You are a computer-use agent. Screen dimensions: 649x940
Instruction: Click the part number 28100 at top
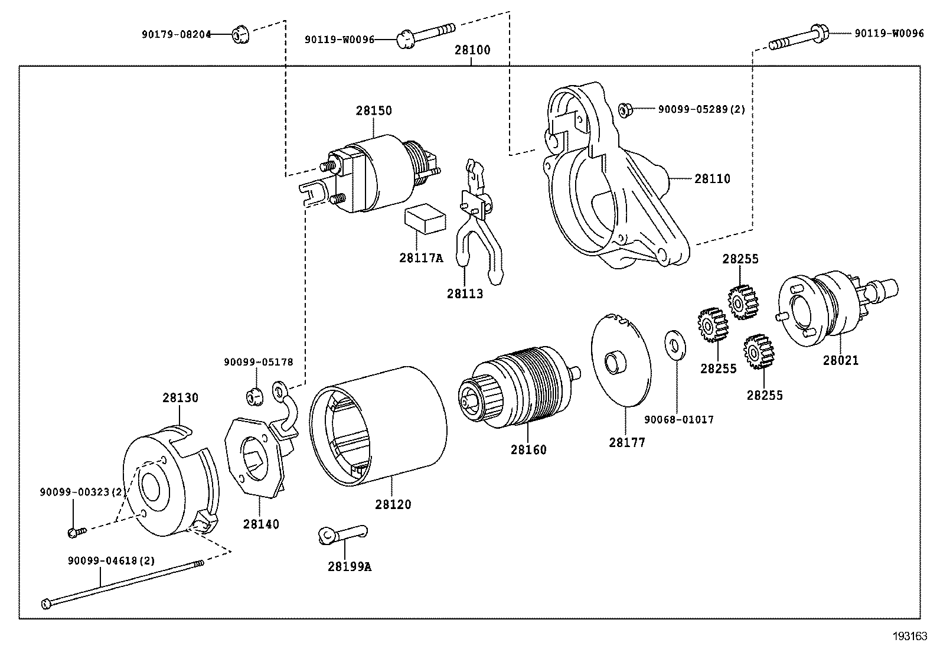point(472,50)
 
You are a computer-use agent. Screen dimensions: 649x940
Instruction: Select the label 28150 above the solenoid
point(373,110)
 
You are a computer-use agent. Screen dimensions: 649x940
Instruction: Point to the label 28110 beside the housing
point(712,178)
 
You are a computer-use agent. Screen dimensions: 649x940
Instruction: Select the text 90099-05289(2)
point(701,109)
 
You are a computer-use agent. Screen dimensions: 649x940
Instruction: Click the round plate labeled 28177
point(620,360)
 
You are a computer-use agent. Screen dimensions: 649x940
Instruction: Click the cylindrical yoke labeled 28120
point(378,425)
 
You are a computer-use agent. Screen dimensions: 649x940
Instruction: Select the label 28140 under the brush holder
point(260,524)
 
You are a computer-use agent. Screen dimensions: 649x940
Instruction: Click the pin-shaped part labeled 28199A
point(342,533)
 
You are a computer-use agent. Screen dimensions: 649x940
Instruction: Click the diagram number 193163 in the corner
point(910,636)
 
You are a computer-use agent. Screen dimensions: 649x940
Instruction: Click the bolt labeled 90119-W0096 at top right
point(797,37)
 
